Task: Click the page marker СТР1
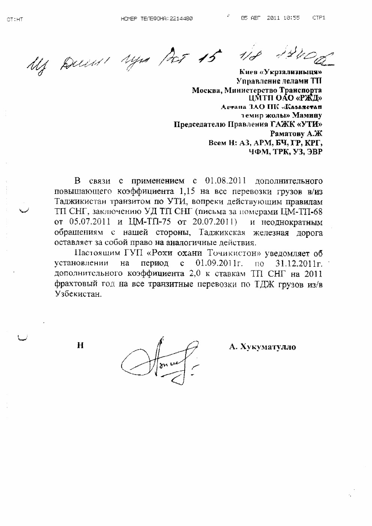pos(319,18)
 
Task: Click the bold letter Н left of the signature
pos(80,345)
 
